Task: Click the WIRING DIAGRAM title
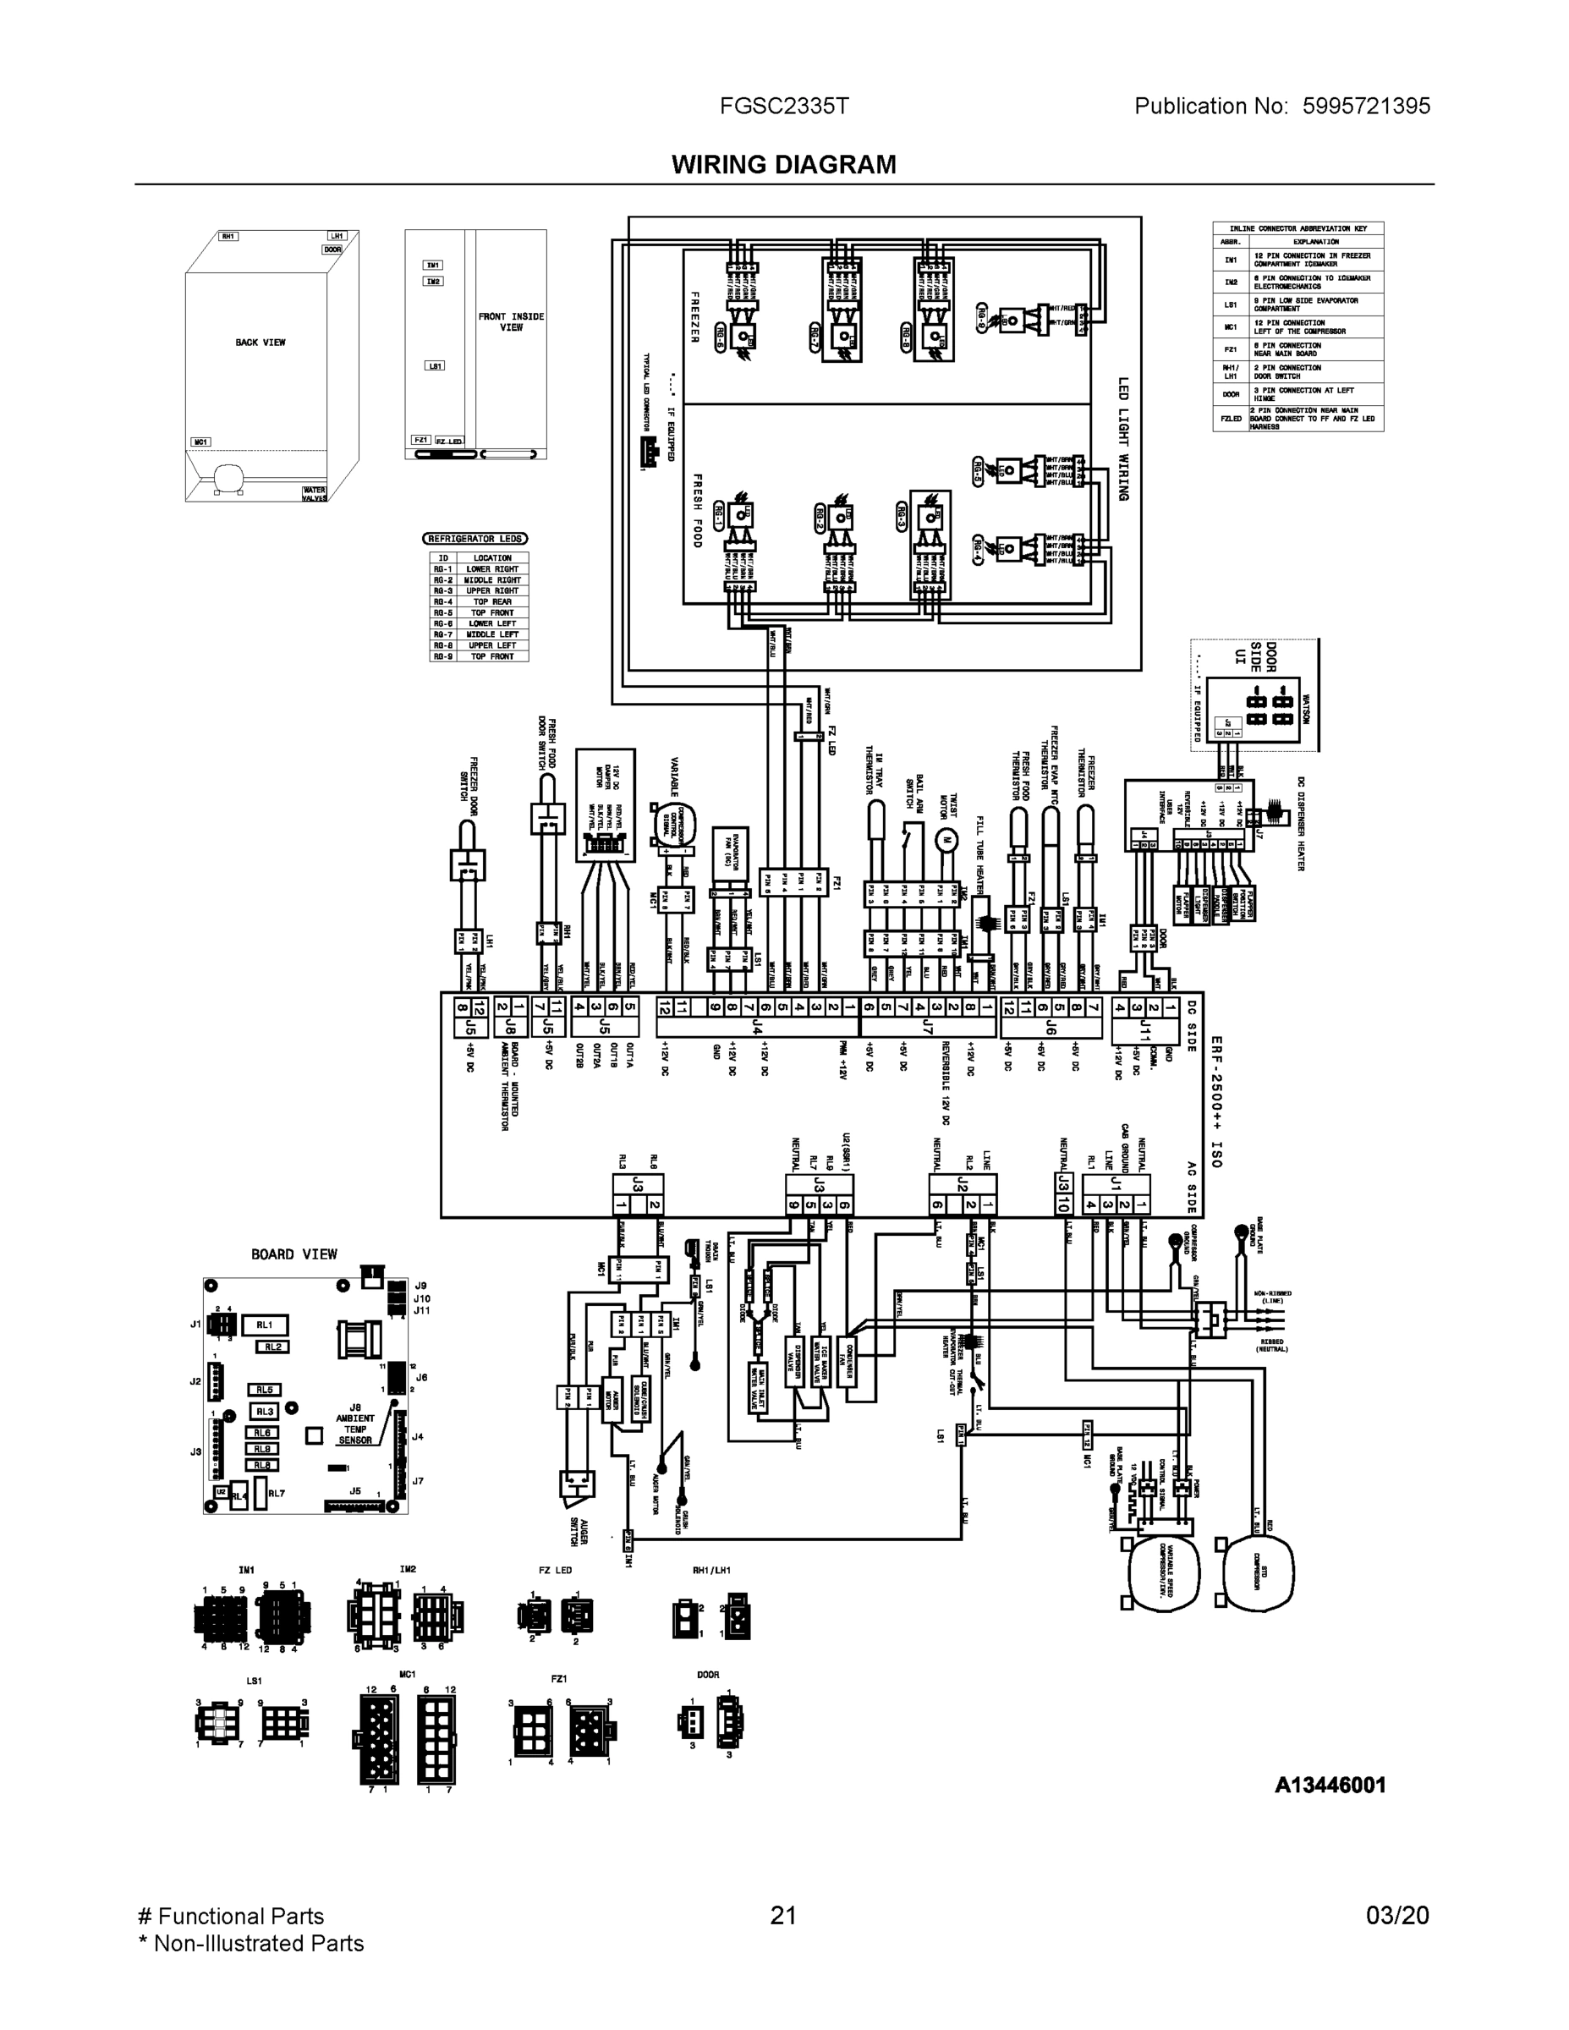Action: [x=783, y=165]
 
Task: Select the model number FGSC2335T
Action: [x=783, y=106]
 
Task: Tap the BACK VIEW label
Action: [x=261, y=343]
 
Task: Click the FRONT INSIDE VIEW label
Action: [x=511, y=321]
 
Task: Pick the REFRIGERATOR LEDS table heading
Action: [x=475, y=539]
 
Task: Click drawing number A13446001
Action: [x=1329, y=1785]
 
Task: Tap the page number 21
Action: [x=782, y=1916]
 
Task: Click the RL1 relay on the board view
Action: [x=264, y=1325]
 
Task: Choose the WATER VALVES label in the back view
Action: [x=314, y=494]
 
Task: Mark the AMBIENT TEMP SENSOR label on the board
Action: [x=355, y=1429]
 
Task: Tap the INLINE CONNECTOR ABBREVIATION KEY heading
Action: [x=1297, y=228]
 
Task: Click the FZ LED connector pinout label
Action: [x=555, y=1570]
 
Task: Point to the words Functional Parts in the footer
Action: [x=241, y=1916]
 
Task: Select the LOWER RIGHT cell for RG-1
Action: [x=491, y=569]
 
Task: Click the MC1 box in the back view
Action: [x=200, y=442]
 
